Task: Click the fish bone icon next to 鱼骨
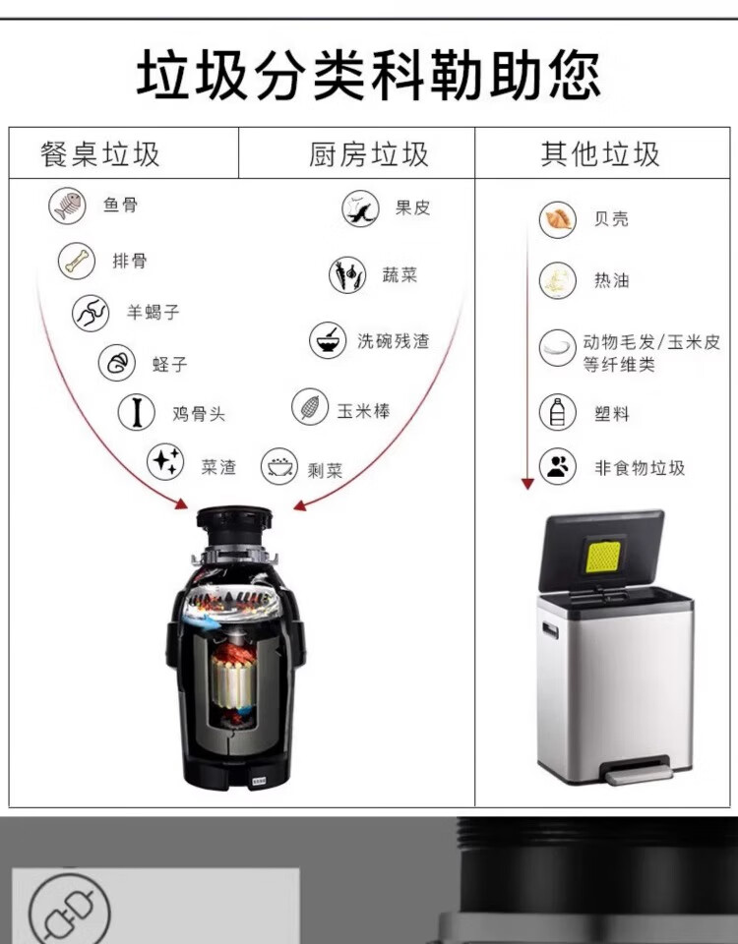point(68,206)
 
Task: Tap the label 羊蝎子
point(154,312)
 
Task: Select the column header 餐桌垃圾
point(100,154)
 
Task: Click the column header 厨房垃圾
point(369,154)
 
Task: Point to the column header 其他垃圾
point(600,154)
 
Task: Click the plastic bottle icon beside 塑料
point(558,412)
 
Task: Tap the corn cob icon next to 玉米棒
point(310,407)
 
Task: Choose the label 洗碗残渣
point(394,341)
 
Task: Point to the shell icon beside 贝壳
point(558,219)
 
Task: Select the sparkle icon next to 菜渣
point(165,462)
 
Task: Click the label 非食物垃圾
point(640,468)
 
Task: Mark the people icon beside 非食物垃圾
point(558,466)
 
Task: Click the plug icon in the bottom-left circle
point(70,907)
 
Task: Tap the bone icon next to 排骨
point(77,261)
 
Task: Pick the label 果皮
point(412,207)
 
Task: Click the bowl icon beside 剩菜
point(279,466)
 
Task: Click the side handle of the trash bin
point(550,630)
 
